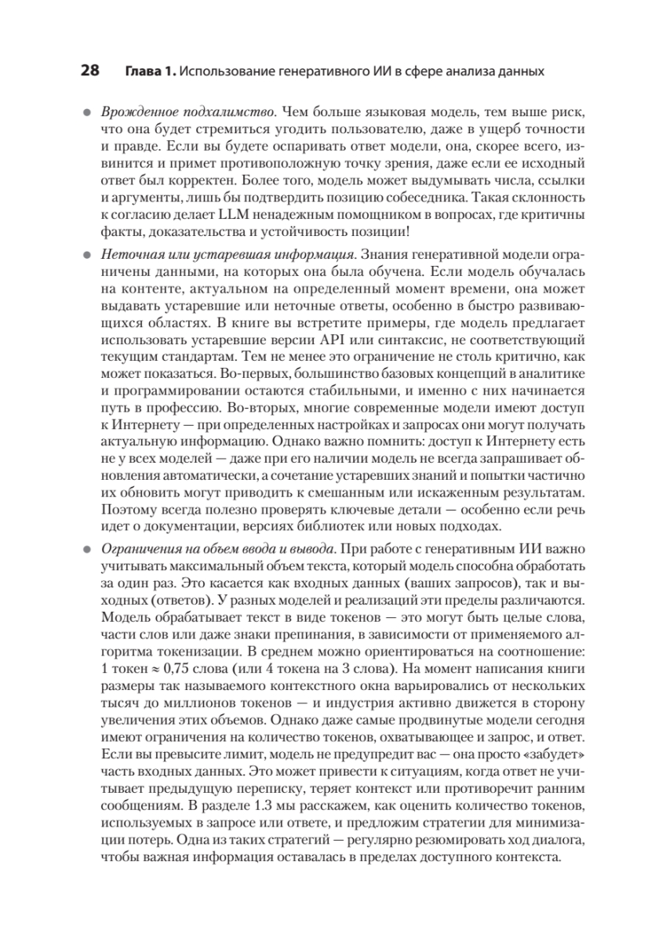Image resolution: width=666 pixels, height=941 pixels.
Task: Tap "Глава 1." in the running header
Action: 150,71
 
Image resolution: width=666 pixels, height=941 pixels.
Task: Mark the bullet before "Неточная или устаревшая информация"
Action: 88,256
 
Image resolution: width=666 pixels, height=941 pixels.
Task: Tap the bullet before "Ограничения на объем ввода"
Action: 88,549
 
